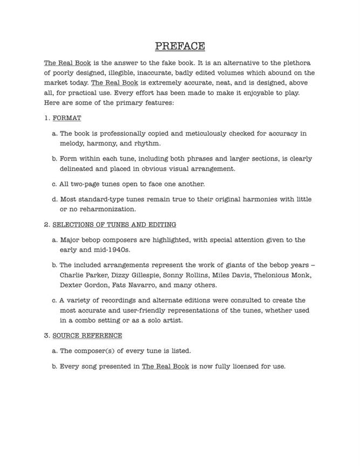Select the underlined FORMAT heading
click(x=67, y=118)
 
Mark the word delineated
click(x=80, y=169)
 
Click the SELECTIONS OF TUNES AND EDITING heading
click(x=114, y=224)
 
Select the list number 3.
click(x=46, y=335)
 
